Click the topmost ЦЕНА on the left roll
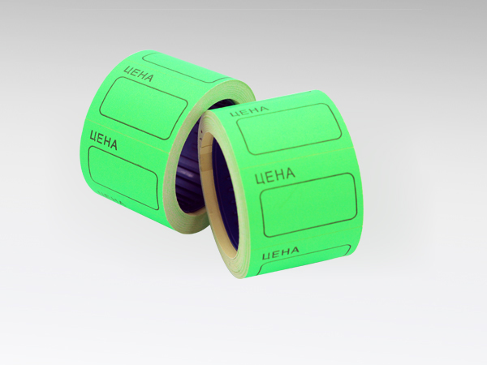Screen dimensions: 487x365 pyautogui.click(x=138, y=74)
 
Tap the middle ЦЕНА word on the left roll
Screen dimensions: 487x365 pyautogui.click(x=103, y=140)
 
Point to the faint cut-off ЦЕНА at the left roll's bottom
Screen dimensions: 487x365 pyautogui.click(x=111, y=197)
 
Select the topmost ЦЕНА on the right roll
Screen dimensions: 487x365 pyautogui.click(x=249, y=110)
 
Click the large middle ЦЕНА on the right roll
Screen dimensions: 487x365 pyautogui.click(x=275, y=174)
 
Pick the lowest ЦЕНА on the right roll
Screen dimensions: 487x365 pyautogui.click(x=281, y=252)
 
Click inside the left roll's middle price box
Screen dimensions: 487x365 pyautogui.click(x=144, y=107)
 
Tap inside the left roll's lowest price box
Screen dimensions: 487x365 pyautogui.click(x=123, y=177)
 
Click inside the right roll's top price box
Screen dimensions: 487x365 pyautogui.click(x=289, y=129)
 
